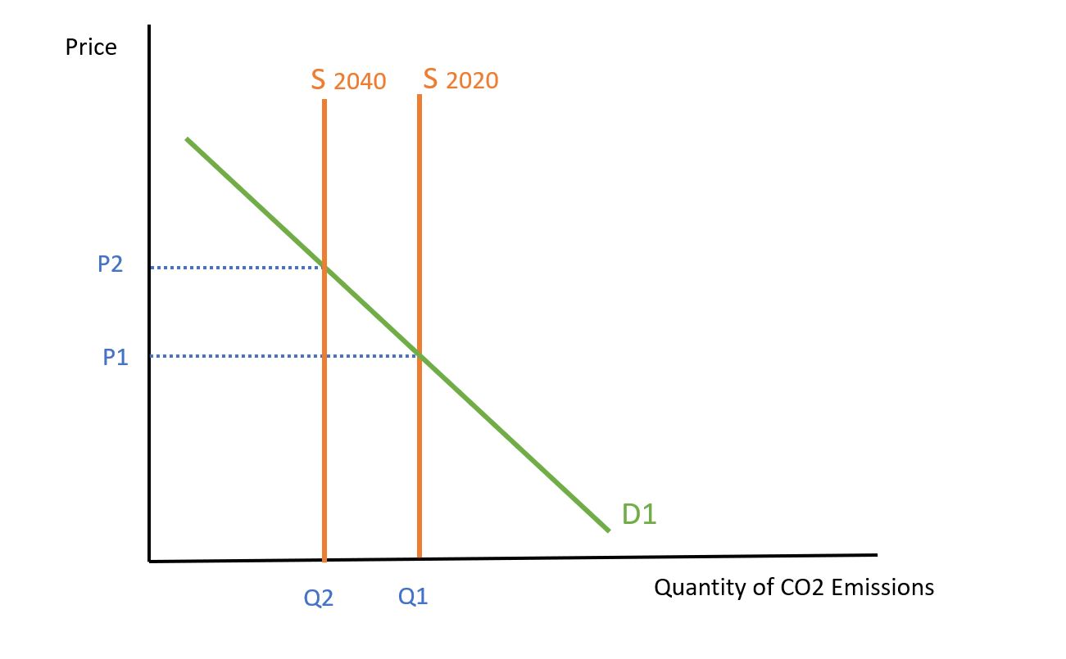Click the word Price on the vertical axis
[91, 47]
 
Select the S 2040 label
[348, 80]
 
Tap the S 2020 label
[460, 79]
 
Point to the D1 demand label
[639, 513]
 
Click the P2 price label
[109, 265]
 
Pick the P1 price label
[116, 357]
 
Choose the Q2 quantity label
[319, 598]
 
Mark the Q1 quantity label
[413, 598]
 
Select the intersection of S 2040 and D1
[325, 267]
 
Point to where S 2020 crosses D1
[420, 355]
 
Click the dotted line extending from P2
[238, 267]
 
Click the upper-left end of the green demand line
[188, 140]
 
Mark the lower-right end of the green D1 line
[609, 530]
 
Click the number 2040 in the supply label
[360, 82]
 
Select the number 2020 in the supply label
[472, 81]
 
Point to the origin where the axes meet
[150, 561]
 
